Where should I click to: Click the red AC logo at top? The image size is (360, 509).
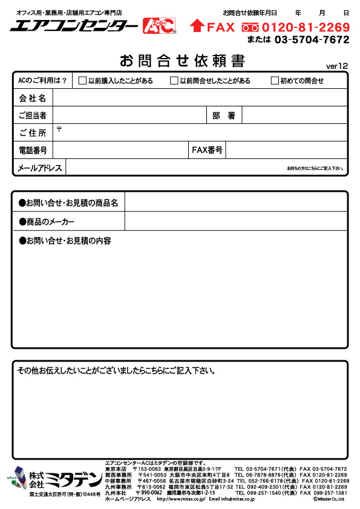tap(159, 25)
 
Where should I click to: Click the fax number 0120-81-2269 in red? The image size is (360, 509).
tap(306, 27)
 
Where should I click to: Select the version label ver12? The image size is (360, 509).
tap(337, 65)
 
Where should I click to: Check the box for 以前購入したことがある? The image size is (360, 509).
tap(82, 80)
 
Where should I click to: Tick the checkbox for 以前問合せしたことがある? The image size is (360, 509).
tap(174, 80)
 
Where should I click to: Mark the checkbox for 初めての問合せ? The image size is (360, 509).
tap(275, 80)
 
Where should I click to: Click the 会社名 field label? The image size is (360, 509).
tap(33, 97)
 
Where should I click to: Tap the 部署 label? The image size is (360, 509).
tap(224, 115)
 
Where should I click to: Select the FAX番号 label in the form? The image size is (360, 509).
tap(207, 150)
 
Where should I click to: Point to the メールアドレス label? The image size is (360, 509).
tap(40, 168)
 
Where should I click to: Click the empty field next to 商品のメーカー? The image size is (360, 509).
tap(236, 221)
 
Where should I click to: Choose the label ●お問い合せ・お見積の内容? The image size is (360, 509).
tap(65, 241)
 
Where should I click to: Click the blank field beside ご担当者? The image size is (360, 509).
tap(130, 115)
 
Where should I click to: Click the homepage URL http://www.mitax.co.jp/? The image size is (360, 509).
tap(181, 499)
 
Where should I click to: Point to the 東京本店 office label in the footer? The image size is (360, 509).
tap(116, 468)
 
